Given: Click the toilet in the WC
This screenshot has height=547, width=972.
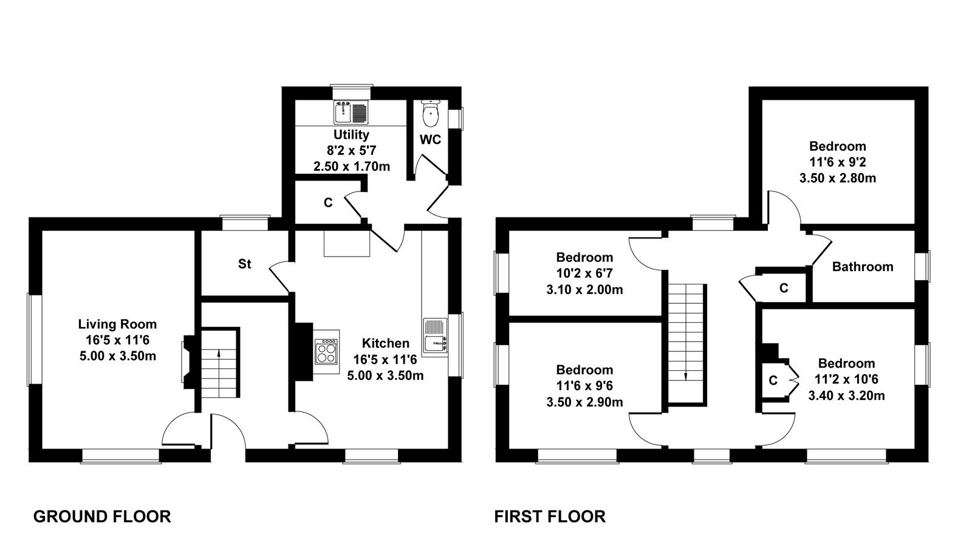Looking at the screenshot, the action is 431,113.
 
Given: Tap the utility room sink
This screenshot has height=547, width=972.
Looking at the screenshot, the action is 351,112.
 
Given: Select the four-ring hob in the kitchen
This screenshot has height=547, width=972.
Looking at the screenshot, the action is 327,352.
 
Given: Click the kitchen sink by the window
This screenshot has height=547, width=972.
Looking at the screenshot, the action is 435,338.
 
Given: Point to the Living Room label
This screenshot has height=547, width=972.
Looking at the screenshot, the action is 117,324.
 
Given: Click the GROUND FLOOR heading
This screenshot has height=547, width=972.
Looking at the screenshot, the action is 102,517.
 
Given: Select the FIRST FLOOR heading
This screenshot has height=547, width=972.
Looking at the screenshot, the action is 550,517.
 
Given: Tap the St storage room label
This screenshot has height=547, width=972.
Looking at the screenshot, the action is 245,264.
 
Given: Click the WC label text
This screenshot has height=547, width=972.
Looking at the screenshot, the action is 430,139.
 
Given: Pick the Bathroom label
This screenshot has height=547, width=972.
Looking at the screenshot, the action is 863,267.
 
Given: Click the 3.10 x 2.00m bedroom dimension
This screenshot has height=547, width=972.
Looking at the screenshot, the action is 584,289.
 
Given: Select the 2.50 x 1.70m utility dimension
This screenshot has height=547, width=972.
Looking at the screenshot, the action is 352,167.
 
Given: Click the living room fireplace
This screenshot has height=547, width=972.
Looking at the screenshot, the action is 189,362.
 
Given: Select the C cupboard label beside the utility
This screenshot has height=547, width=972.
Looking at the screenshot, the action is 328,203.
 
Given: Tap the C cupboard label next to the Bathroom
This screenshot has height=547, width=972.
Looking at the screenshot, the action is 784,288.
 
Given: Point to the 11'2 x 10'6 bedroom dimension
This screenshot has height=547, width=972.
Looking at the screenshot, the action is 846,379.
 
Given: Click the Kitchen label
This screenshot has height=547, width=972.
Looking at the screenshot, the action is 385,343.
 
